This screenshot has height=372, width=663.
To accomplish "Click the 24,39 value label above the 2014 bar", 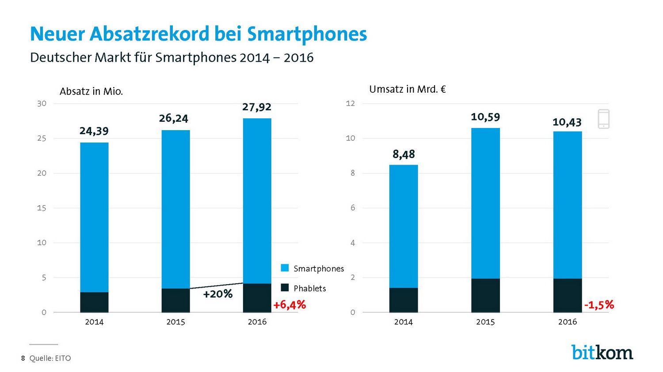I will tap(94, 131).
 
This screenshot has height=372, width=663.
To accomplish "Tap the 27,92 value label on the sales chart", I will tap(257, 107).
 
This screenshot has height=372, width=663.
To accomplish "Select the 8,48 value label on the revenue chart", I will tap(404, 154).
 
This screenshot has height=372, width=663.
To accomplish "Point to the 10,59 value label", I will tap(485, 117).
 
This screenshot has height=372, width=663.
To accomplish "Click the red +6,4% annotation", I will tap(290, 305).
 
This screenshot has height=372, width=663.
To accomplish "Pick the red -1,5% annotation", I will tap(599, 305).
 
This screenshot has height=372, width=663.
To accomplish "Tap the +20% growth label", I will tap(217, 294).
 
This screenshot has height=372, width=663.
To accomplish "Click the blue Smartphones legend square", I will tap(285, 268).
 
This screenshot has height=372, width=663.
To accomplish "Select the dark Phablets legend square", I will tap(285, 288).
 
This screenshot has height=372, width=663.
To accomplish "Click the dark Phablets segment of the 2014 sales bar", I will tap(94, 302).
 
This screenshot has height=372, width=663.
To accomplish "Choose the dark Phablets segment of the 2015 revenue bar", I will tap(485, 295).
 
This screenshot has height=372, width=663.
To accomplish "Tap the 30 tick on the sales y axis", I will tap(42, 104).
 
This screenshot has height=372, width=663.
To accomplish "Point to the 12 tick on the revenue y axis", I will tap(351, 104).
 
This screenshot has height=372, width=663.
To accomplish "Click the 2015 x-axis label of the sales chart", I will tap(175, 322).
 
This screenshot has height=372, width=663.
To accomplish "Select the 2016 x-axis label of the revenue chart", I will tap(568, 322).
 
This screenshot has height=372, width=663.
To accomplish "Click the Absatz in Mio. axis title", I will tap(91, 92).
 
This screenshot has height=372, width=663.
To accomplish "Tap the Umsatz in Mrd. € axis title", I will tap(407, 90).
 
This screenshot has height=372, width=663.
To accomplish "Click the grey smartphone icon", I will tap(603, 119).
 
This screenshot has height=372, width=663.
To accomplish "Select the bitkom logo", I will tap(602, 352).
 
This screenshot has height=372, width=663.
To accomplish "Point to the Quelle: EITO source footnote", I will tap(50, 358).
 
